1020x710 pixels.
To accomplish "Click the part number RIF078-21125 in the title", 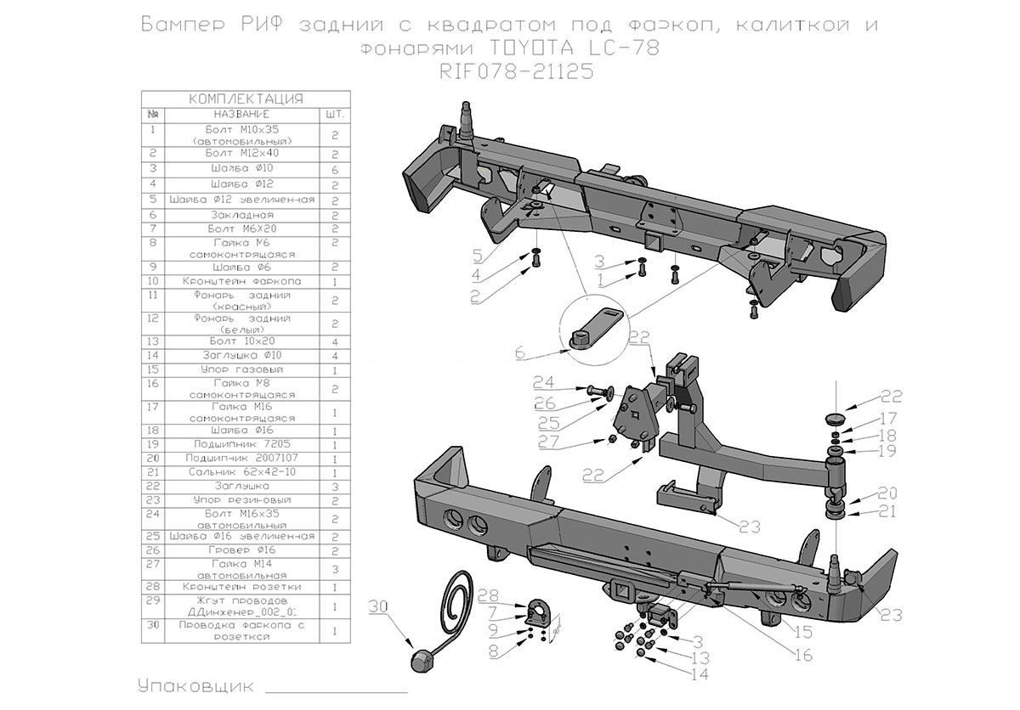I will click(516, 72).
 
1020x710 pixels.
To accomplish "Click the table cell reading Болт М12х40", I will click(242, 154).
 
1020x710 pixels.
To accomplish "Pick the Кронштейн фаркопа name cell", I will click(242, 281).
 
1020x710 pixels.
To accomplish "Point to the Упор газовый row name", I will click(242, 369).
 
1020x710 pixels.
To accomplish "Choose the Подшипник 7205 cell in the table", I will click(242, 444).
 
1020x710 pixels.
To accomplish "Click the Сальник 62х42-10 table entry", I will click(242, 471).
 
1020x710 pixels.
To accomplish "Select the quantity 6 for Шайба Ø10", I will click(335, 169).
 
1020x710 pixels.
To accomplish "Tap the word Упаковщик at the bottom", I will click(194, 685).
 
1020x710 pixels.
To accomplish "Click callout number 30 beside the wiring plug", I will click(377, 606).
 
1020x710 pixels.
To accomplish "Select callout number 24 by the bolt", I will click(543, 381).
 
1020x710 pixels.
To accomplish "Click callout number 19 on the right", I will click(887, 451).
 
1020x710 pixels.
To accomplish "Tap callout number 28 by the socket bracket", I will click(487, 594).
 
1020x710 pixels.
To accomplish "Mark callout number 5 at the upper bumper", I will click(477, 255).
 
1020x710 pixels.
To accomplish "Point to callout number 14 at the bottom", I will click(699, 675).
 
